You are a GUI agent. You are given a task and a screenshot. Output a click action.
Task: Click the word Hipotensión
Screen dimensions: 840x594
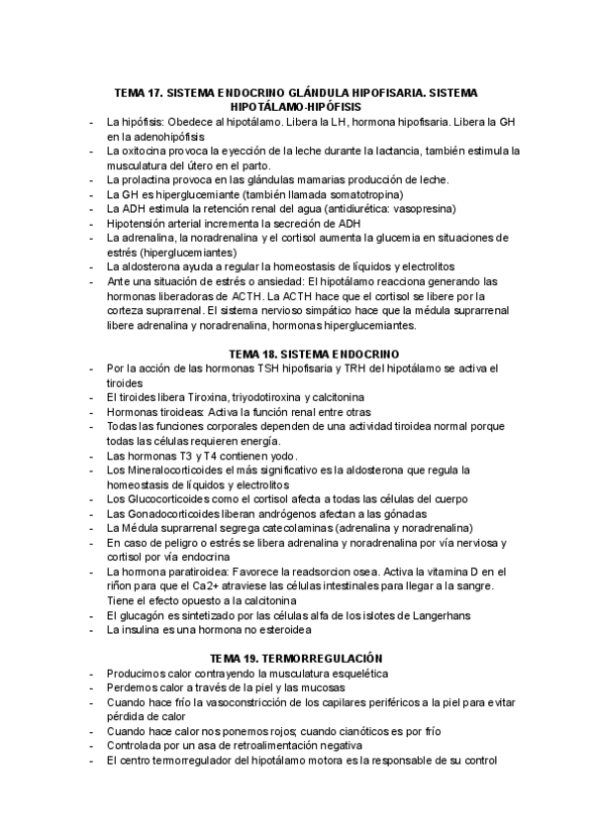(x=138, y=224)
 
